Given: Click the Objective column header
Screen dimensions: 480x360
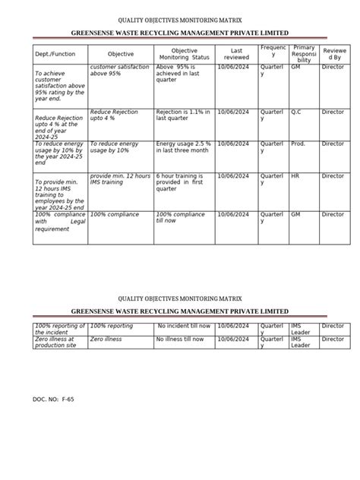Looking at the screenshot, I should pos(120,55).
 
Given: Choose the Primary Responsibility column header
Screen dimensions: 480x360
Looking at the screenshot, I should pos(304,55).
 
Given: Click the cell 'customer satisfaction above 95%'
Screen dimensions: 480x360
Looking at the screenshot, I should pos(119,71).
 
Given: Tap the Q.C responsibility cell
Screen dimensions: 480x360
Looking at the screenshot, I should pos(297,112).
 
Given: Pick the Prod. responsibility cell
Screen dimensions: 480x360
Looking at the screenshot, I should pos(298,144).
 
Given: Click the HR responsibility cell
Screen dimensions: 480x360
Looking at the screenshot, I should pos(295,176).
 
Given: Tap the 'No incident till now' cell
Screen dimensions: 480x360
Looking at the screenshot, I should pos(184,326).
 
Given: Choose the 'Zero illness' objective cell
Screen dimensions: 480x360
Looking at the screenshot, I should pos(106,340).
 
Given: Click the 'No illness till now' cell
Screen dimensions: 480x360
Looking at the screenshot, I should pos(183,340).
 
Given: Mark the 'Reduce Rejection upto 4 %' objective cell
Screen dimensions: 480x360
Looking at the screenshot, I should pos(115,115).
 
